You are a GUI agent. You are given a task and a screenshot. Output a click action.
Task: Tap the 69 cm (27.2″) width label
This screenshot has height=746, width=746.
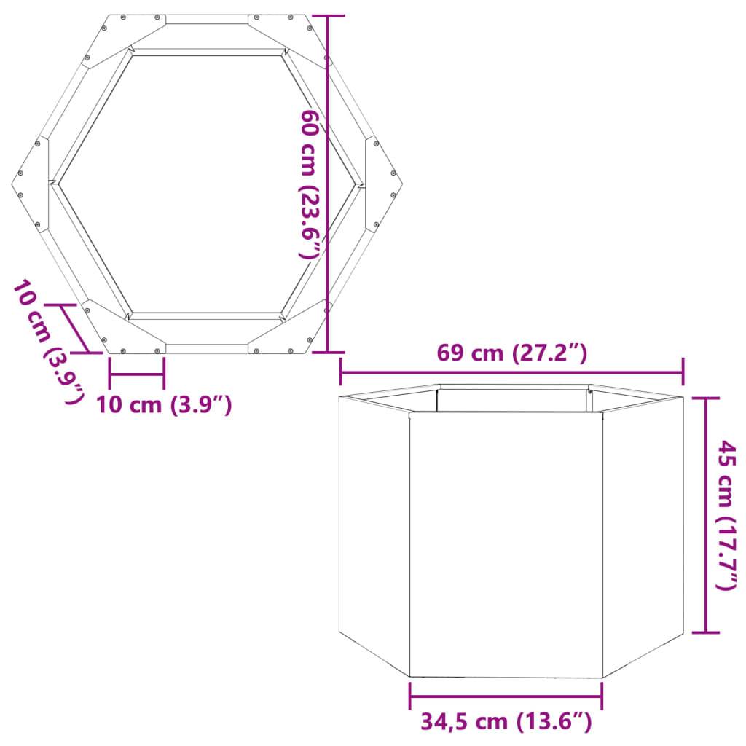pos(511,353)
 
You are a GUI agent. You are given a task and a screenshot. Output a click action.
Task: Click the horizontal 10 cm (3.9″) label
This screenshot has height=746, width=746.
pos(165,404)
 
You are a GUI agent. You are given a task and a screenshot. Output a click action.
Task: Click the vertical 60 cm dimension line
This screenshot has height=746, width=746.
pos(327,182)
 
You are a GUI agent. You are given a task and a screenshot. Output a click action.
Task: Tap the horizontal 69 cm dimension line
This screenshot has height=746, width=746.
pos(511,372)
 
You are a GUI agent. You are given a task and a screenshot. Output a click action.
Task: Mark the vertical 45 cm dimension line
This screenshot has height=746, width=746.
pos(705,514)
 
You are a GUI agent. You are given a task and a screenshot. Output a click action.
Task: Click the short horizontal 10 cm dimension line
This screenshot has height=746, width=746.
pos(137,376)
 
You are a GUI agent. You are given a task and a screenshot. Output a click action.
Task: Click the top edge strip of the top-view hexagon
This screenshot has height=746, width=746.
pos(207,19)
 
